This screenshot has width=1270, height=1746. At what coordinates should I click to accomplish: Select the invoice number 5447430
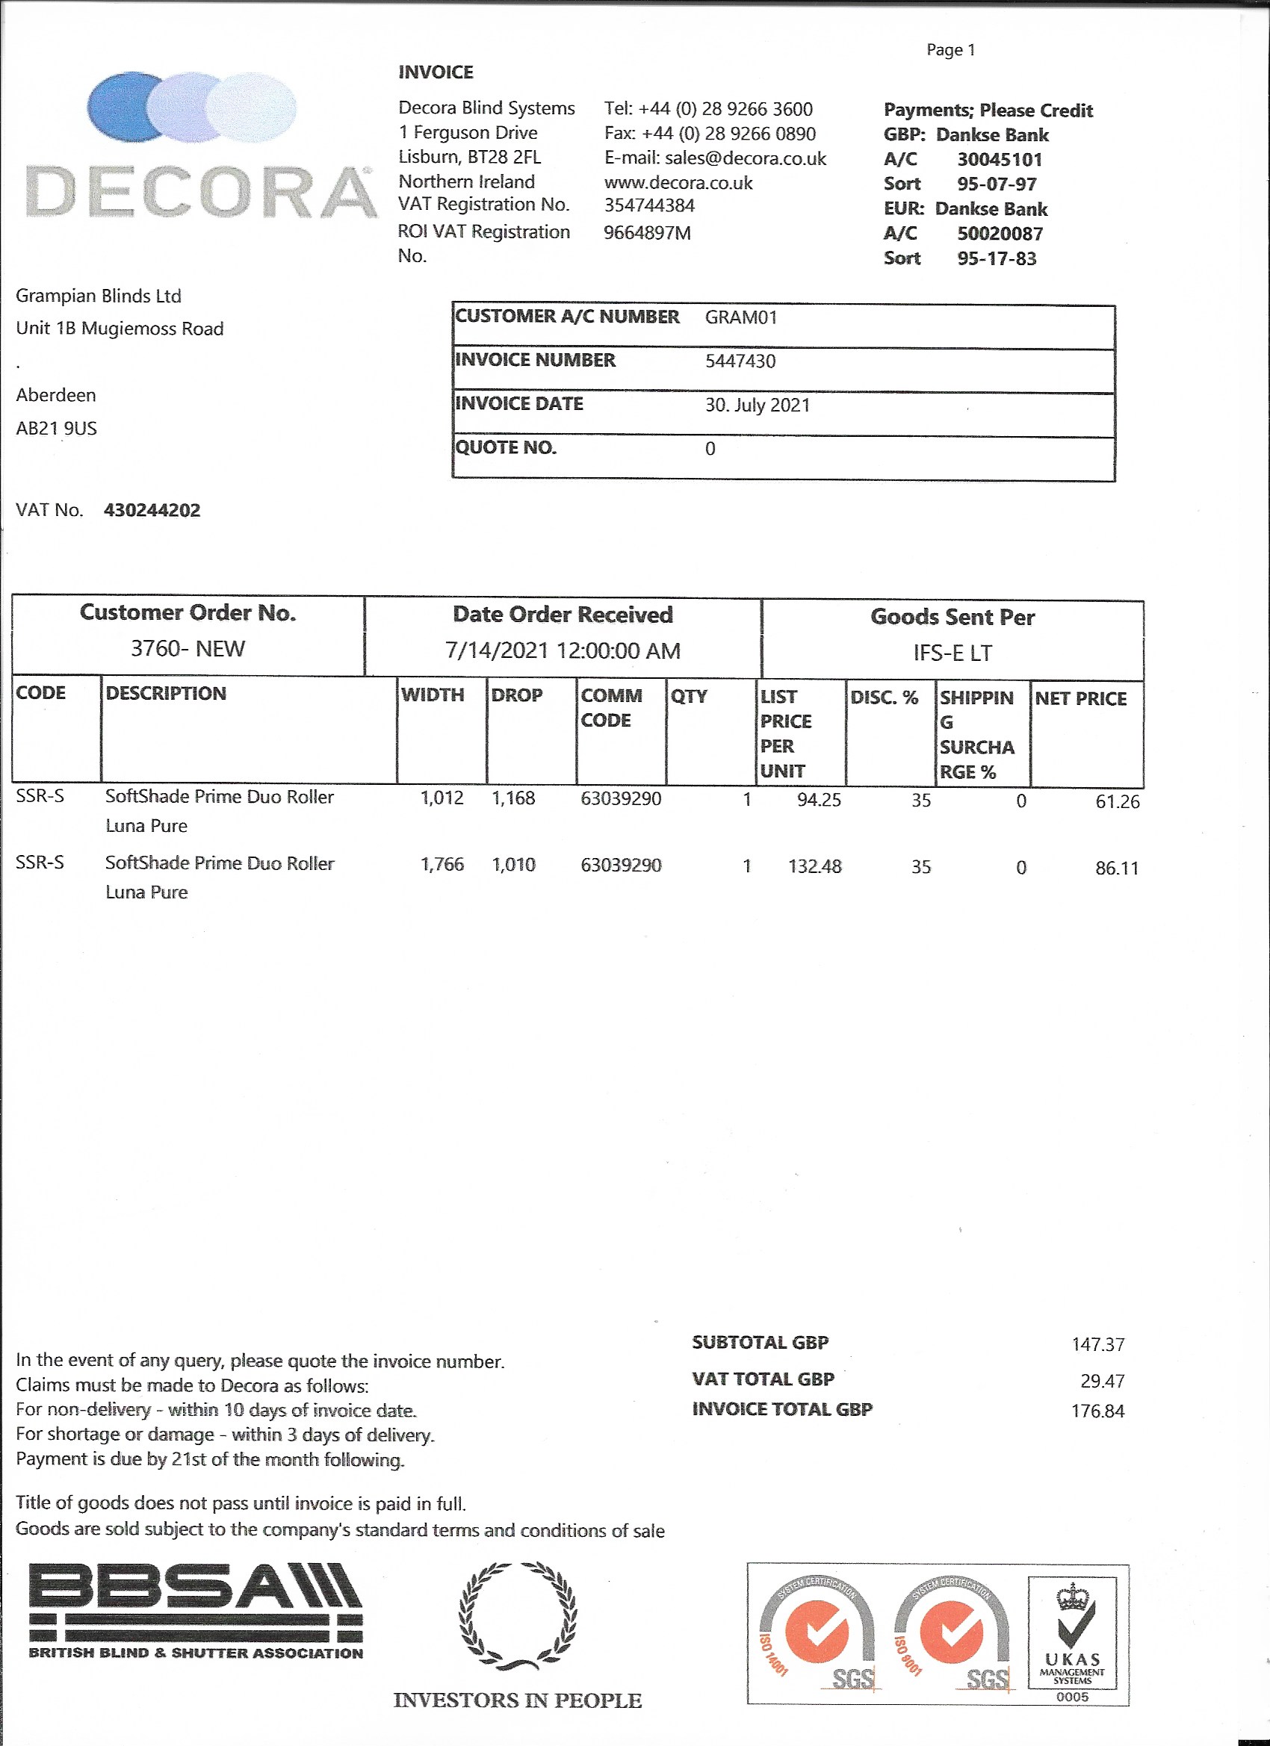(x=740, y=361)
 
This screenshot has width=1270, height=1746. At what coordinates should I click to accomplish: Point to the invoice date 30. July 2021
(x=757, y=405)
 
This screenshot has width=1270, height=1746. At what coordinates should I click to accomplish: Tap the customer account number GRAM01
(x=741, y=317)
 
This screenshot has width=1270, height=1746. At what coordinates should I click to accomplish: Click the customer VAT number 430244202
(x=152, y=509)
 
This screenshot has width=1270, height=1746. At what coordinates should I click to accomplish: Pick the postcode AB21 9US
(x=56, y=428)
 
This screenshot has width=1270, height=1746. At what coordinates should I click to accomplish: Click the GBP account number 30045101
(x=999, y=159)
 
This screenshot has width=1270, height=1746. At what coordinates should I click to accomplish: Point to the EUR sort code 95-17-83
(x=997, y=258)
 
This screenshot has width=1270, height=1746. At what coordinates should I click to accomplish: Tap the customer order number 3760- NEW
(x=188, y=648)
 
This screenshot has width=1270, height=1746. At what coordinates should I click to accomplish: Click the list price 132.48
(x=814, y=866)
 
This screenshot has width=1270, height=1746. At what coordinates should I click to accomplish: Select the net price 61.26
(x=1117, y=801)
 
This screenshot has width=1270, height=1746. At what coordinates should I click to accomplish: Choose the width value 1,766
(x=442, y=865)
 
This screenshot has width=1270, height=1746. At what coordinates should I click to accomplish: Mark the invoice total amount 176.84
(x=1097, y=1411)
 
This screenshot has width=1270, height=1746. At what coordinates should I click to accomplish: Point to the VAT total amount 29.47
(x=1102, y=1380)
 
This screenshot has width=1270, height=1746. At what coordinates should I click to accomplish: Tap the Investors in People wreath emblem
(x=517, y=1617)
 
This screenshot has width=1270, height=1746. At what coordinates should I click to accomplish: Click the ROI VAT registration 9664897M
(x=647, y=232)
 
